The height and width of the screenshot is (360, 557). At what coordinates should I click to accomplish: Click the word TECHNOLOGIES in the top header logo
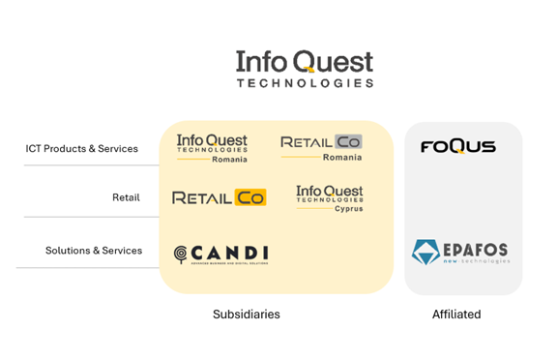pyautogui.click(x=305, y=83)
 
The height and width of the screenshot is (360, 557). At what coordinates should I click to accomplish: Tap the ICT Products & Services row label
pyautogui.click(x=81, y=149)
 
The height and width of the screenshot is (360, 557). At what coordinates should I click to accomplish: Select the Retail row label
pyautogui.click(x=126, y=197)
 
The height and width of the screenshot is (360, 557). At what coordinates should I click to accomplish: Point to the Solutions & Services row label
pyautogui.click(x=94, y=251)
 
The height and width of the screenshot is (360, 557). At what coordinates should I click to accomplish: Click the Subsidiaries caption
pyautogui.click(x=248, y=315)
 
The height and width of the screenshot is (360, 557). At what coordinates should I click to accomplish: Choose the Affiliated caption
pyautogui.click(x=456, y=315)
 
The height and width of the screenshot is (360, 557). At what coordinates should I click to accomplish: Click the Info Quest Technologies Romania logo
pyautogui.click(x=212, y=148)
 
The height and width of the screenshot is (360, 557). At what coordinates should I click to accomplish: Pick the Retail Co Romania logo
pyautogui.click(x=321, y=147)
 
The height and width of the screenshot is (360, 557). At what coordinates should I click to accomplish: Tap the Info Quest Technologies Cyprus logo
pyautogui.click(x=330, y=197)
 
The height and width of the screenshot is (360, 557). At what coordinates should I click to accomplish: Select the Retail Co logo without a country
pyautogui.click(x=219, y=197)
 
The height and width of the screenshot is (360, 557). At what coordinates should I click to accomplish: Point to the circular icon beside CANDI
pyautogui.click(x=181, y=255)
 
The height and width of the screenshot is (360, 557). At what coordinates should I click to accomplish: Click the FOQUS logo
pyautogui.click(x=457, y=147)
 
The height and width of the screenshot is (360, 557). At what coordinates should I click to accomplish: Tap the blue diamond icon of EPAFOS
pyautogui.click(x=425, y=253)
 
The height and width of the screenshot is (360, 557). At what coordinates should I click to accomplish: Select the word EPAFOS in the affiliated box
pyautogui.click(x=476, y=250)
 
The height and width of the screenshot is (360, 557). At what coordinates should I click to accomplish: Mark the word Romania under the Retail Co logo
pyautogui.click(x=342, y=157)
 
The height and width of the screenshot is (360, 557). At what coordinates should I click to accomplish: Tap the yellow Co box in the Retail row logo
pyautogui.click(x=251, y=197)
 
